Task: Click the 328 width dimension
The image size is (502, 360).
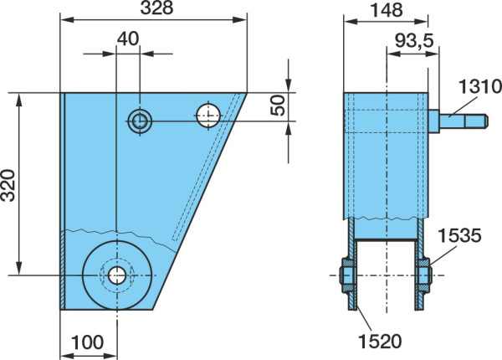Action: [x=157, y=8]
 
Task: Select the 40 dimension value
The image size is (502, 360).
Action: [x=128, y=39]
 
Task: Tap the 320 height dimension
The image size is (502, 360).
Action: [x=8, y=185]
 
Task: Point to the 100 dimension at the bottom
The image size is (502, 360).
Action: [x=87, y=342]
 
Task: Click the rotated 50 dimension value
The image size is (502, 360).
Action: [x=278, y=105]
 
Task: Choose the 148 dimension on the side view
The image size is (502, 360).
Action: [x=386, y=10]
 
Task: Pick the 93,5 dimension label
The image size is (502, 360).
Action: [x=414, y=41]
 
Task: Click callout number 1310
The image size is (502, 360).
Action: [x=480, y=86]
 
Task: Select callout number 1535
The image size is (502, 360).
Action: [x=459, y=235]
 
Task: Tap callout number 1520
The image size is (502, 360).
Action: [x=380, y=341]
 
